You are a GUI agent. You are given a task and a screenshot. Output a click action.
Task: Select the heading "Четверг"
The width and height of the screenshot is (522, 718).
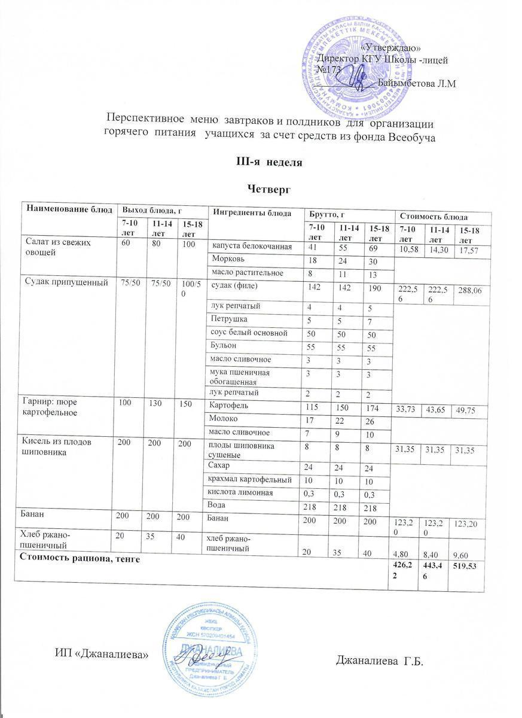[x=269, y=189]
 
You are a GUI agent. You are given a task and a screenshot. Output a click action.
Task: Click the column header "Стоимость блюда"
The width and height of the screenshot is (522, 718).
[x=434, y=217]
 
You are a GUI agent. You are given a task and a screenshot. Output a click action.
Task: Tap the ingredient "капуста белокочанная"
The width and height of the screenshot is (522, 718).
[x=251, y=247]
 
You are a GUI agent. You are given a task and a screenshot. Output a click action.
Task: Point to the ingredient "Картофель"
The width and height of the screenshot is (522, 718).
[x=225, y=406]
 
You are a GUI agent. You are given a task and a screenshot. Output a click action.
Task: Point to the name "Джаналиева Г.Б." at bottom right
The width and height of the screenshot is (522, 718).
[x=384, y=661]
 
